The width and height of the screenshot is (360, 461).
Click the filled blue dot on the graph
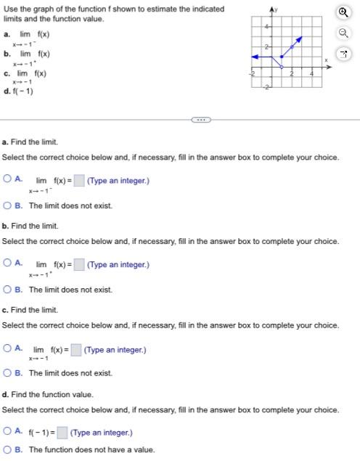point(282,57)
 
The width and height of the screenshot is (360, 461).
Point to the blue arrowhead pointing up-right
point(300,38)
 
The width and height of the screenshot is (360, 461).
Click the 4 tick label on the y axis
point(266,27)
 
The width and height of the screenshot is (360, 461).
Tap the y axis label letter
point(275,7)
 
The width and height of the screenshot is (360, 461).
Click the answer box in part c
point(76,350)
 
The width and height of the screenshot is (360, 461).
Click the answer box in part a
point(78,180)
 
